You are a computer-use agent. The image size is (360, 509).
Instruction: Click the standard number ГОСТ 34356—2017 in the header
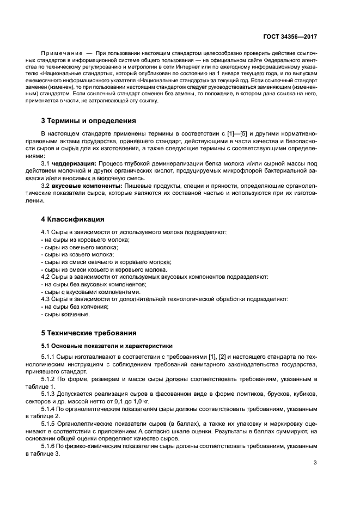tap(290, 36)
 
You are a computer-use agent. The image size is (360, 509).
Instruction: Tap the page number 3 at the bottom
tap(315, 463)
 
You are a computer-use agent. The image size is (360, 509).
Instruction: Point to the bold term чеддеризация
tap(74, 163)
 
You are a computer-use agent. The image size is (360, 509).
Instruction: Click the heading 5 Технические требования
tap(89, 333)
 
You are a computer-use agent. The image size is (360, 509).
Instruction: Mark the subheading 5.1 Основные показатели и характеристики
tap(107, 345)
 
